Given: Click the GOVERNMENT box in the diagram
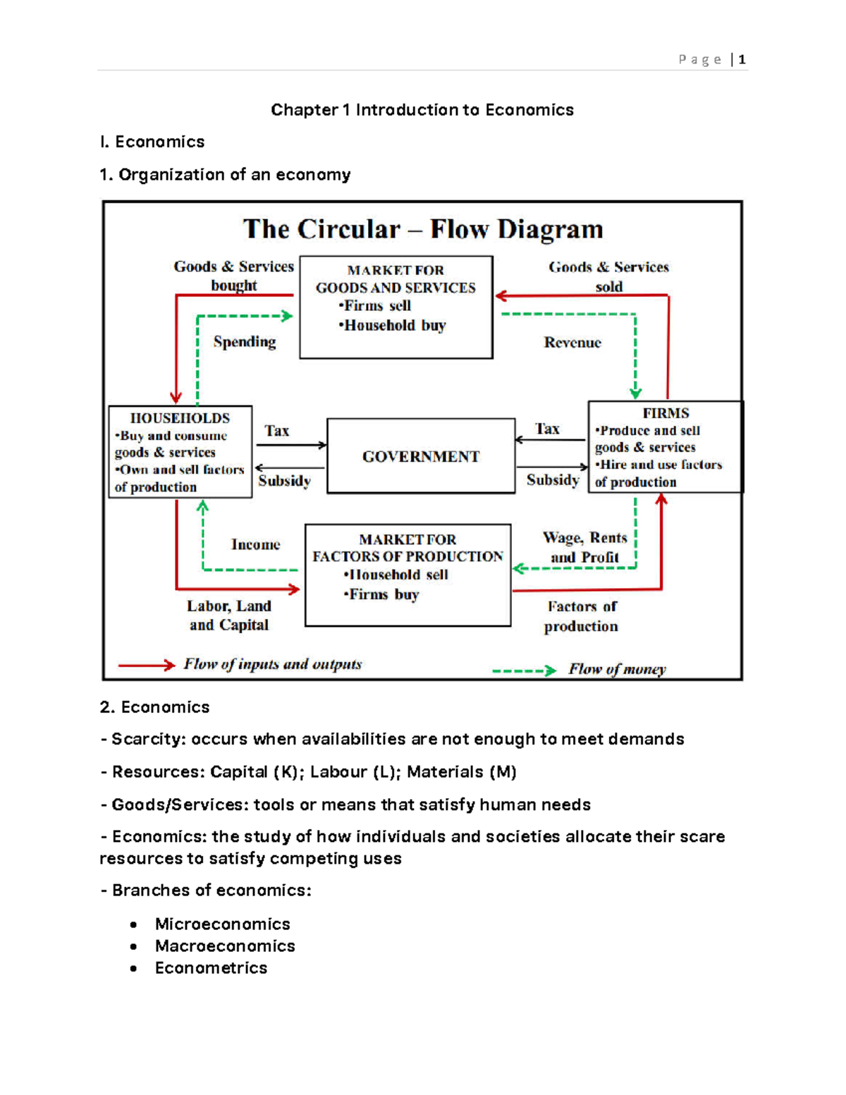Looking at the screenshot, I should pyautogui.click(x=421, y=456).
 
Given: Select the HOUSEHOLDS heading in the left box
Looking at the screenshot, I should pyautogui.click(x=180, y=418).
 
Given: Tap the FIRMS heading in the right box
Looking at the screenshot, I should pyautogui.click(x=666, y=413).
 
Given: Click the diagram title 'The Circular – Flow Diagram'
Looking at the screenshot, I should pyautogui.click(x=423, y=229).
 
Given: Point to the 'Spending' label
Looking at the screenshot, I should pyautogui.click(x=245, y=342).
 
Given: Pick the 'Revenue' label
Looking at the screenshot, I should pyautogui.click(x=572, y=343).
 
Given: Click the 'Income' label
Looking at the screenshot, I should pyautogui.click(x=255, y=544).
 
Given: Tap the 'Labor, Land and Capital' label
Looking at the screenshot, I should pyautogui.click(x=229, y=616).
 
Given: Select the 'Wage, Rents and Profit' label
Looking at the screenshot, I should pyautogui.click(x=584, y=547).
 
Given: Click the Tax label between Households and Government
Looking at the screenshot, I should pyautogui.click(x=277, y=431).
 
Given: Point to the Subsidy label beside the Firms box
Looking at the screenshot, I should pyautogui.click(x=553, y=480).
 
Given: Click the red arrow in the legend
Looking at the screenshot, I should pyautogui.click(x=147, y=665).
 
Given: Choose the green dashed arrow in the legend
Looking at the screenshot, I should pyautogui.click(x=524, y=671).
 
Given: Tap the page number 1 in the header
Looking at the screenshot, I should pyautogui.click(x=742, y=60).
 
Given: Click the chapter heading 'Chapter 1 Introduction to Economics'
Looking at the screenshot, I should pyautogui.click(x=422, y=110).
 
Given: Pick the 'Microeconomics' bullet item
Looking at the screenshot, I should pyautogui.click(x=223, y=924).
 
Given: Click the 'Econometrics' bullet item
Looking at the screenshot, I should pyautogui.click(x=211, y=967).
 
